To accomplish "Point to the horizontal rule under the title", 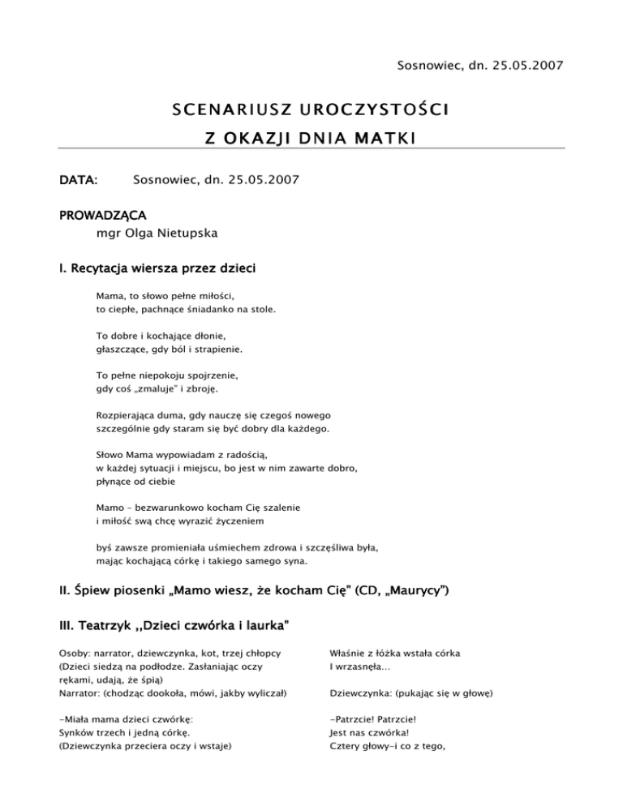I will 311,149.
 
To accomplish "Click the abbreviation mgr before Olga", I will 108,234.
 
